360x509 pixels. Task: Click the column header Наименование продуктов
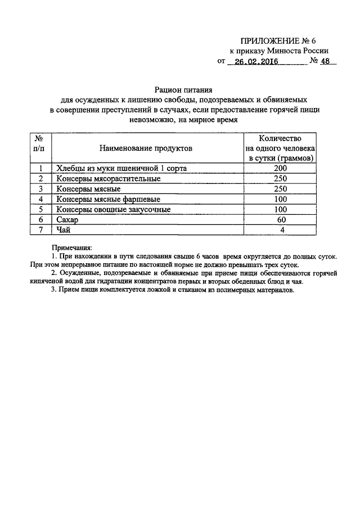coord(146,148)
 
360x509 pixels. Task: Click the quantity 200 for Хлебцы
coord(280,168)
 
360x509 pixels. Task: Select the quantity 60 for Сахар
coord(280,219)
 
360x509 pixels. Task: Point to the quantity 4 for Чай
coord(280,229)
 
